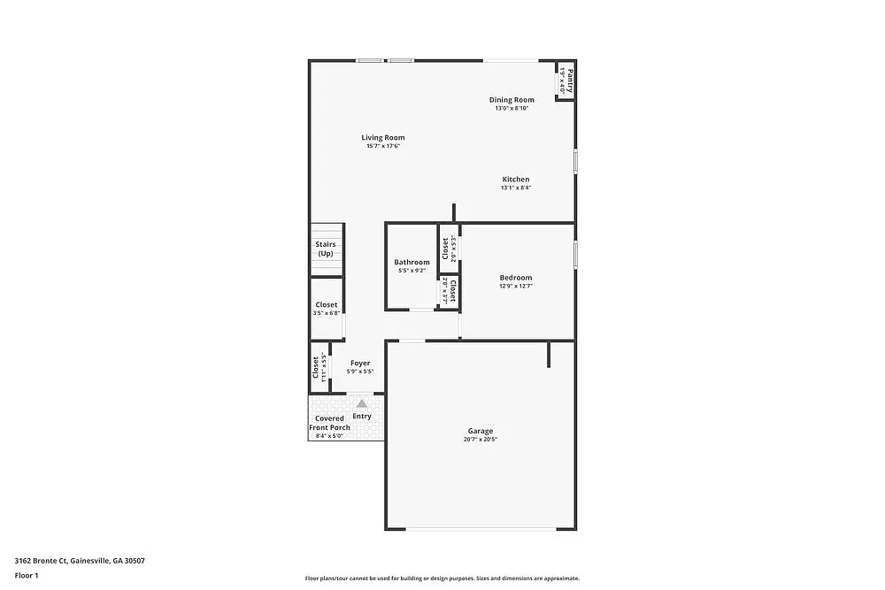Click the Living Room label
pyautogui.click(x=382, y=137)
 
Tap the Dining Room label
pyautogui.click(x=512, y=100)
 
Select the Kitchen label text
pyautogui.click(x=515, y=180)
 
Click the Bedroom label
pyautogui.click(x=515, y=278)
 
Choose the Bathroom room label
pyautogui.click(x=412, y=262)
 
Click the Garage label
pyautogui.click(x=481, y=431)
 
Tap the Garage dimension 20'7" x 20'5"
pyautogui.click(x=481, y=440)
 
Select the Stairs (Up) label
pyautogui.click(x=326, y=249)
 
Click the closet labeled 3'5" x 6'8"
pyautogui.click(x=326, y=309)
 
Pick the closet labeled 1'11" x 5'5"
pyautogui.click(x=319, y=367)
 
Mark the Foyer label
pyautogui.click(x=360, y=363)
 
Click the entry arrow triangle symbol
pyautogui.click(x=361, y=403)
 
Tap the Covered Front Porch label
pyautogui.click(x=329, y=423)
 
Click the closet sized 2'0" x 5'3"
pyautogui.click(x=450, y=249)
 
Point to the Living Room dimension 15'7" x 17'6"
pyautogui.click(x=383, y=147)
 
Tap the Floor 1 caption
pyautogui.click(x=27, y=575)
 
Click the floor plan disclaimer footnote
pyautogui.click(x=442, y=578)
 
